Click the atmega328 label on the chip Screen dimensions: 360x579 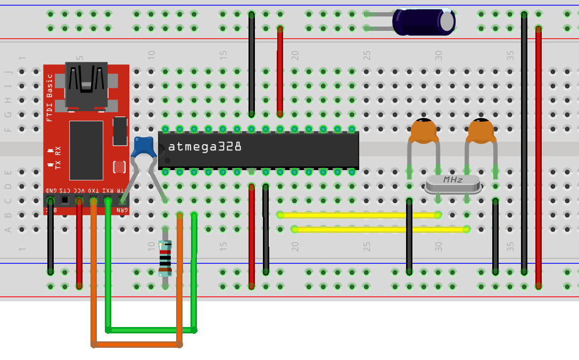coord(205,147)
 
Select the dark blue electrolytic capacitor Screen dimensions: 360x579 coord(423,22)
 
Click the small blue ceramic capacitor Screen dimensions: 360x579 coord(144,147)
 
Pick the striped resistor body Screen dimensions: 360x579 coord(166,258)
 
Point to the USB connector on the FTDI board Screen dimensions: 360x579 coord(86,85)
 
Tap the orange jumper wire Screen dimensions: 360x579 coord(136,345)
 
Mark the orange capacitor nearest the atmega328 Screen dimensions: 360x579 coord(423,131)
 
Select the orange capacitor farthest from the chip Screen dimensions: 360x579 coord(481,131)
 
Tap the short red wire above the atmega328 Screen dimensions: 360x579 coord(280,72)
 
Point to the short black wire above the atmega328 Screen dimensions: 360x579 coord(252,64)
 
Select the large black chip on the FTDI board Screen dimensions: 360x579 coord(86,150)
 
